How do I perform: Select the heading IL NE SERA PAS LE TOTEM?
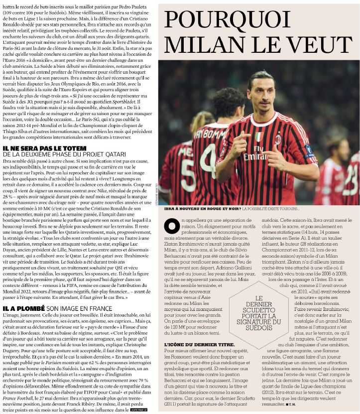44,148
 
